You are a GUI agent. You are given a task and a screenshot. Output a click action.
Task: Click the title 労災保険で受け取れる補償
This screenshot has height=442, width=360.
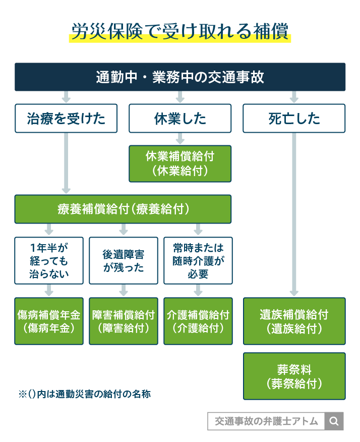pyautogui.click(x=179, y=32)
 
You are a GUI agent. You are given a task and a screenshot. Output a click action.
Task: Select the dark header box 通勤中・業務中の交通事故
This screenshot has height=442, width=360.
pyautogui.click(x=179, y=77)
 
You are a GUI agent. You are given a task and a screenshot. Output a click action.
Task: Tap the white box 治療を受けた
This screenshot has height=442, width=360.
pyautogui.click(x=66, y=119)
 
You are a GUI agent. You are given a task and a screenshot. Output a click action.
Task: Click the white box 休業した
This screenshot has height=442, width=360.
pyautogui.click(x=180, y=119)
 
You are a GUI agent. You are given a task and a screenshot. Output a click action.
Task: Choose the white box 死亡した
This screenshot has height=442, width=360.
pyautogui.click(x=294, y=119)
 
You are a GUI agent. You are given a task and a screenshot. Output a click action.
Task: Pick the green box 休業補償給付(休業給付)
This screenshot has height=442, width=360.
pyautogui.click(x=180, y=163)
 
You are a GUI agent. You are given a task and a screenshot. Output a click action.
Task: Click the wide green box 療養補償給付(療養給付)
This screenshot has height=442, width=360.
pyautogui.click(x=123, y=209)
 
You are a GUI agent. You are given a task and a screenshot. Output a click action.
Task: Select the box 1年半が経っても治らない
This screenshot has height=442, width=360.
pyautogui.click(x=48, y=260)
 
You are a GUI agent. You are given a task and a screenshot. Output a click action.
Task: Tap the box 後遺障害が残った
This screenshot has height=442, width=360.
pyautogui.click(x=124, y=260)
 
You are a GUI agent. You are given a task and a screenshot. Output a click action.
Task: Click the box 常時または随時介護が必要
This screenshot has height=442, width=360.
pyautogui.click(x=198, y=260)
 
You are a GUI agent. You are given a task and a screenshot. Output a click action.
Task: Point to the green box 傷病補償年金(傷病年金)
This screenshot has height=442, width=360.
pyautogui.click(x=48, y=321)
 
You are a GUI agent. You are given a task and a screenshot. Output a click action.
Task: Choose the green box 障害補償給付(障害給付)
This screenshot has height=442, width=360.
pyautogui.click(x=124, y=321)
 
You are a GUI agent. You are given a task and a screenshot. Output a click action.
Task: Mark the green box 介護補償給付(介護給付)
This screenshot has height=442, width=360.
pyautogui.click(x=198, y=321)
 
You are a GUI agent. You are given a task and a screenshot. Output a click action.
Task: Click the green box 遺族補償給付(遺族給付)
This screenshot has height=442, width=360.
pyautogui.click(x=294, y=321)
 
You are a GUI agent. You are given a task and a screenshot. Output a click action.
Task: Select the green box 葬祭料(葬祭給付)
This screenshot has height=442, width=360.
pyautogui.click(x=294, y=376)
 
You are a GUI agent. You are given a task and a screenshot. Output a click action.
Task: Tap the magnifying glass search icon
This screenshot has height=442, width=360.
pyautogui.click(x=334, y=421)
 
